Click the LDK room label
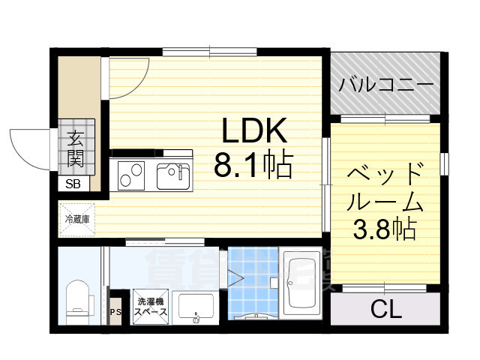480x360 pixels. [x=253, y=133]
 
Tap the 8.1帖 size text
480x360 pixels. [x=253, y=166]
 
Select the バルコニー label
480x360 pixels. [x=385, y=83]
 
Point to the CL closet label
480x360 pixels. [x=385, y=309]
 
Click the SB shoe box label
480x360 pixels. [x=73, y=184]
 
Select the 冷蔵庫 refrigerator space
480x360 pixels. [x=77, y=219]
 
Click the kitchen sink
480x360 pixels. [x=173, y=176]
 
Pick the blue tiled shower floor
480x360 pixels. [x=251, y=289]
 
